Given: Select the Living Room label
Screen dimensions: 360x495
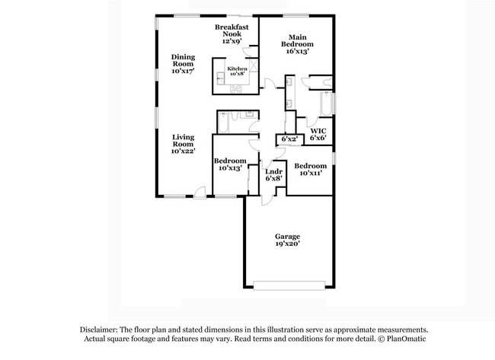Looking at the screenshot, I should coord(183,144).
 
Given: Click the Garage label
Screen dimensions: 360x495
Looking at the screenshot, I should coord(287,237).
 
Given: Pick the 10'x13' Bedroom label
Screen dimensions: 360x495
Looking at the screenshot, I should coord(229,164).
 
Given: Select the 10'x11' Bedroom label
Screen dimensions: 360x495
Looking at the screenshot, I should coord(310,170).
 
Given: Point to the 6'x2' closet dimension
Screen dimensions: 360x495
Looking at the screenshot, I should coord(289,140).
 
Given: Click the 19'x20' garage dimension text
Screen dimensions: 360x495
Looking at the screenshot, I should coord(287,244).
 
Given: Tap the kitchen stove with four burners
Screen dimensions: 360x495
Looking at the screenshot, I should coord(236,88).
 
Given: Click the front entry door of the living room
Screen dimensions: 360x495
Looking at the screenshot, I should coord(199,192).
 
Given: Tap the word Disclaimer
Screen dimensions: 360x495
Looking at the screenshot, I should coord(101,330).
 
